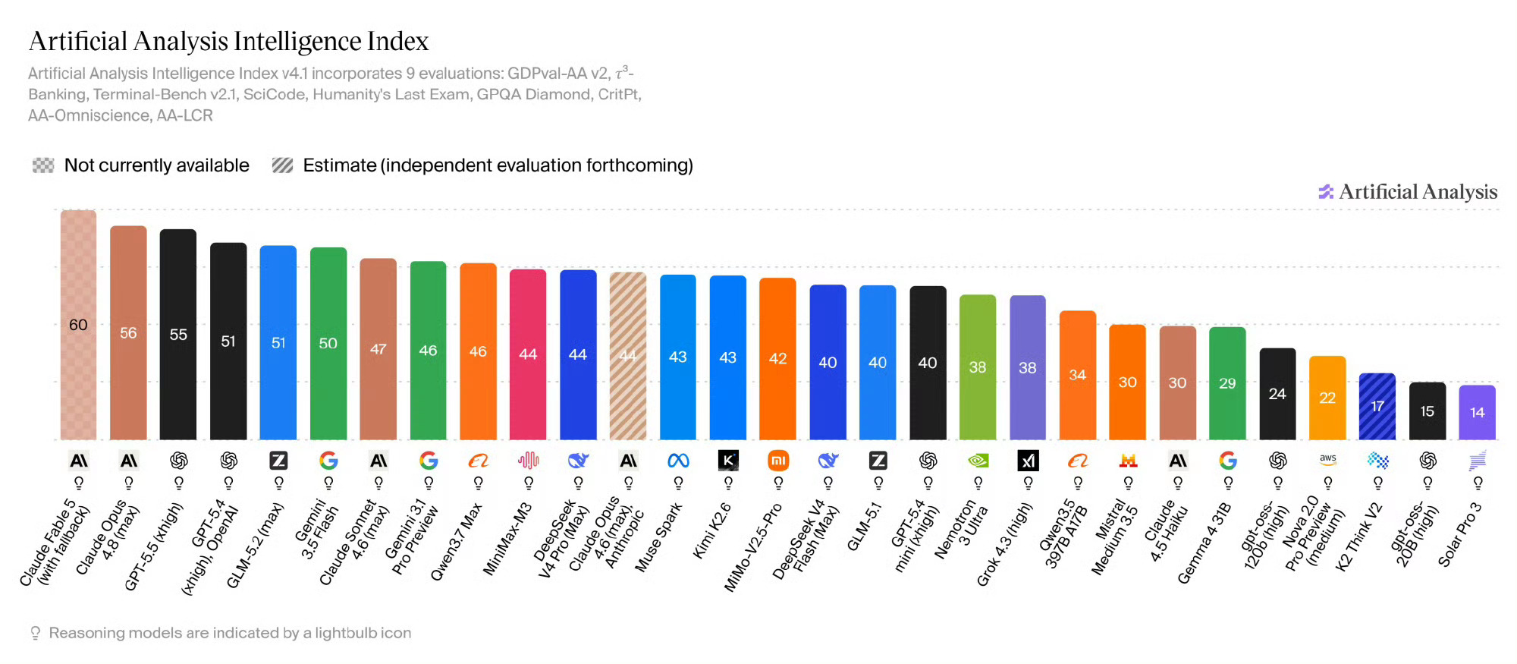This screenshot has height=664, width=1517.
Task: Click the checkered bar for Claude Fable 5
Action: (x=79, y=325)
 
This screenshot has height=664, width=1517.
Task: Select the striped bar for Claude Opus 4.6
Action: (x=628, y=356)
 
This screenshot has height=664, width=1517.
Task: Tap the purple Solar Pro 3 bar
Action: (x=1478, y=413)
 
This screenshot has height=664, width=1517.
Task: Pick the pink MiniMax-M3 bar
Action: (x=528, y=354)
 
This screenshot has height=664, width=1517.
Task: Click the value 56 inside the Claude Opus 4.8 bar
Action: (x=128, y=333)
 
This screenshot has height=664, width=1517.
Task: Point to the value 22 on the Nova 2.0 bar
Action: (x=1327, y=398)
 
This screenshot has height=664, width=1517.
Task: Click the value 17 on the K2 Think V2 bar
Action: (x=1377, y=406)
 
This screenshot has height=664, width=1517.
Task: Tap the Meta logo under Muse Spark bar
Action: (x=678, y=461)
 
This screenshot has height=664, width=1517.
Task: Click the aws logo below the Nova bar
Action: (x=1327, y=459)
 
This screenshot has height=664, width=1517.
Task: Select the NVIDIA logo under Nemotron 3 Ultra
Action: (x=978, y=461)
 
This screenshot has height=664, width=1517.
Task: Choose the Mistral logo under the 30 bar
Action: (x=1128, y=461)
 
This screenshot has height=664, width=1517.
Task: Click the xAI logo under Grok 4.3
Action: (x=1028, y=461)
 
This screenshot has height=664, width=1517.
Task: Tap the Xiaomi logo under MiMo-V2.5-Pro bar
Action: (x=778, y=461)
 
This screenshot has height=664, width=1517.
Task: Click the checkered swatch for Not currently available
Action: (x=43, y=165)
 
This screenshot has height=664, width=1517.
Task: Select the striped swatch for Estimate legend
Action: (x=282, y=165)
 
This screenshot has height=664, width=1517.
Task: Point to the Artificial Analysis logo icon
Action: (x=1326, y=192)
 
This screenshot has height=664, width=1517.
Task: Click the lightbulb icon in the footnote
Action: (x=35, y=633)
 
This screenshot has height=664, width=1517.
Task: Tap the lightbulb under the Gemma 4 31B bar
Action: (x=1228, y=483)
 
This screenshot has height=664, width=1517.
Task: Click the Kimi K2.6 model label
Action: (x=712, y=530)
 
